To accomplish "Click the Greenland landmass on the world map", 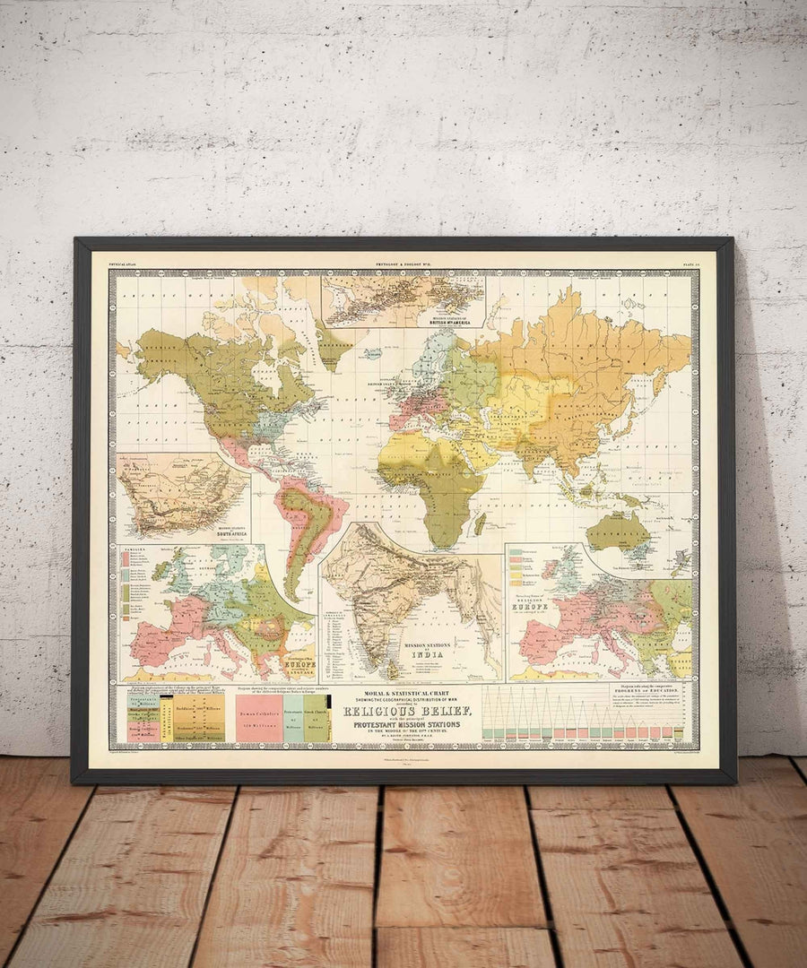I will tap(334, 345).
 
